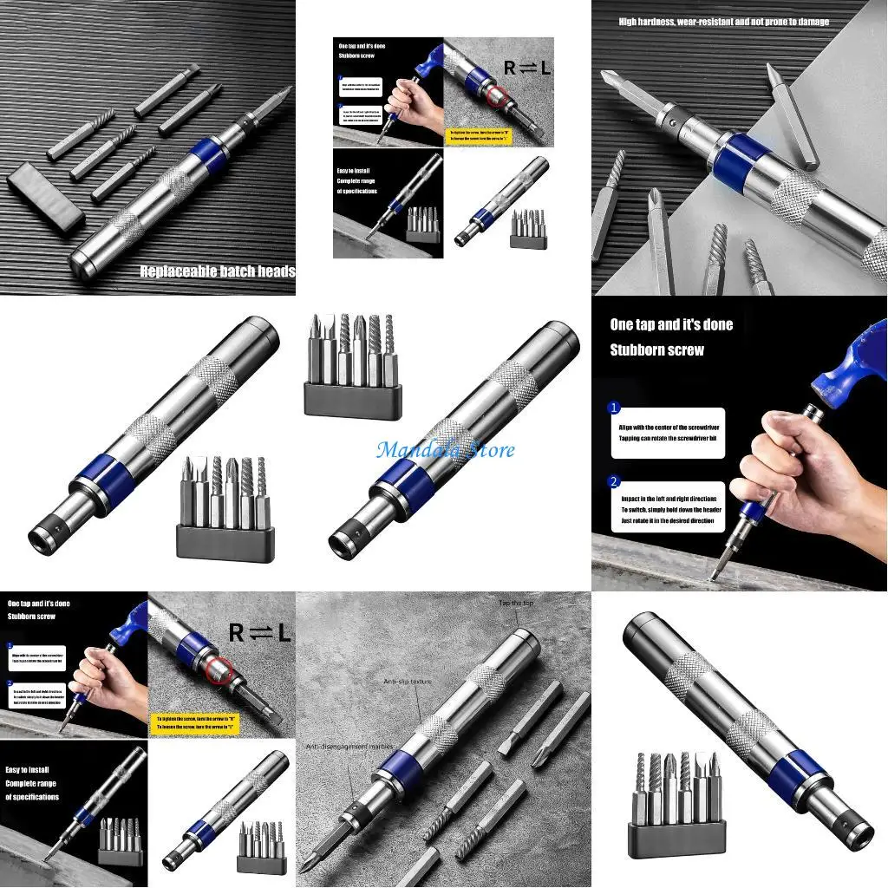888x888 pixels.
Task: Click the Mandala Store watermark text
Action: point(445,450)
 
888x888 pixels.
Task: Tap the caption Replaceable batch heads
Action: point(218,271)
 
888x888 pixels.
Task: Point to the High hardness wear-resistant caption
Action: point(723,22)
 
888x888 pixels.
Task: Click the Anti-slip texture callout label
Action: point(408,682)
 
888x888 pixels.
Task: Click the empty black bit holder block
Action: point(45,198)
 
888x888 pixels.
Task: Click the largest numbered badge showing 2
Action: point(614,481)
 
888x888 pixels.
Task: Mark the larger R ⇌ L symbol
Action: point(259,633)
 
